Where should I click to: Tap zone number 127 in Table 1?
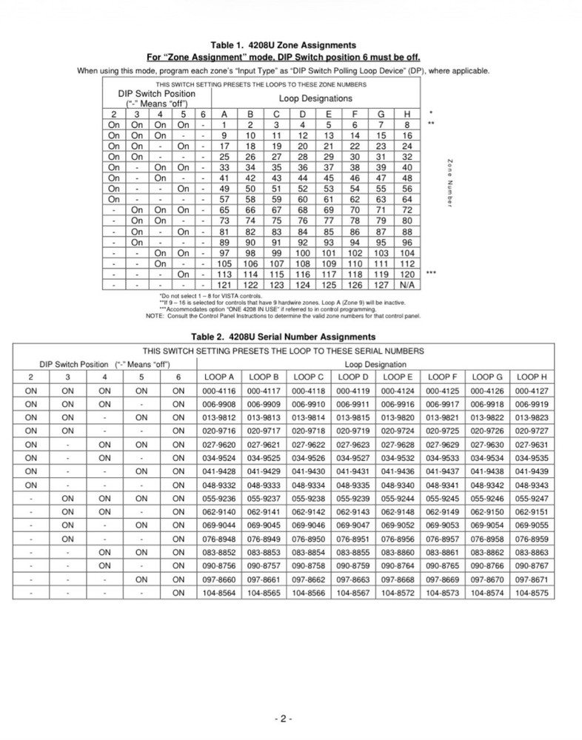tap(381, 284)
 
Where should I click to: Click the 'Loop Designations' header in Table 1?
tap(315, 98)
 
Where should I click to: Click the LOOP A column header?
tap(221, 377)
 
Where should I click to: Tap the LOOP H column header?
tap(532, 377)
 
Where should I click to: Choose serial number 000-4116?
tap(221, 391)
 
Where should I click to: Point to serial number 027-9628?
tap(398, 445)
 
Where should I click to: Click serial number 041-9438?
tap(488, 471)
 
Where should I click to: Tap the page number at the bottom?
tap(284, 719)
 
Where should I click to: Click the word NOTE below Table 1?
tap(155, 316)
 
